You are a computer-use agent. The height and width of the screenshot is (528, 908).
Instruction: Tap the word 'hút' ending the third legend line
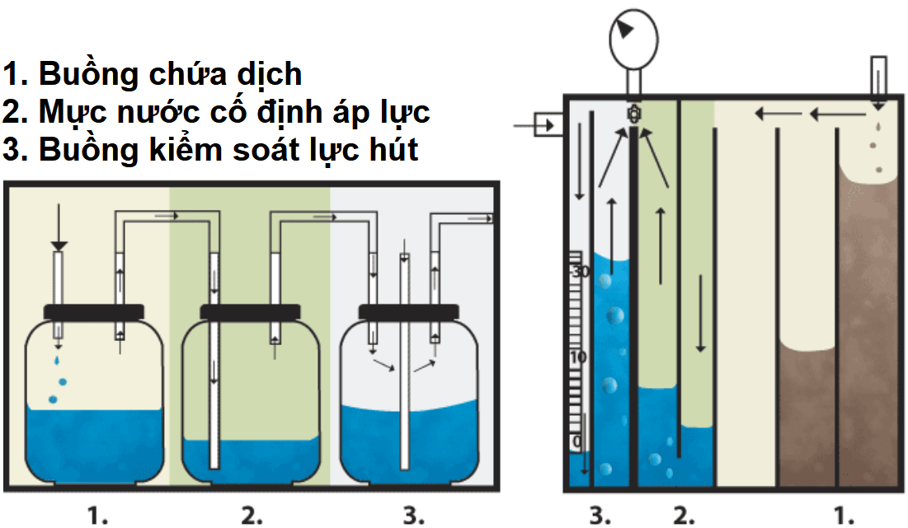pyautogui.click(x=390, y=150)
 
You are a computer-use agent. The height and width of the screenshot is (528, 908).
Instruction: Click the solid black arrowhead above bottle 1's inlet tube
pyautogui.click(x=59, y=245)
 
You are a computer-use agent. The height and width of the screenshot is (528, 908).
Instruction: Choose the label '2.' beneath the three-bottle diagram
pyautogui.click(x=252, y=516)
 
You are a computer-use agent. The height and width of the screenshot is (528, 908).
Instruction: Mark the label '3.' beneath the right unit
pyautogui.click(x=600, y=516)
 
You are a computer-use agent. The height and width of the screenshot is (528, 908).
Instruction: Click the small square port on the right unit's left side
pyautogui.click(x=545, y=125)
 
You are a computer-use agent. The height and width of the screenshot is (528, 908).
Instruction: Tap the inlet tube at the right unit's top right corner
pyautogui.click(x=878, y=76)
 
